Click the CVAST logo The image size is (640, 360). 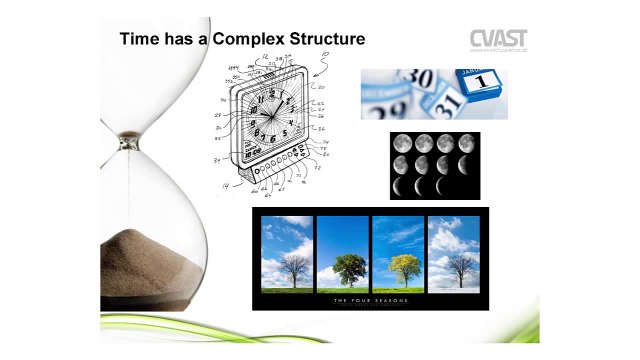coord(499,39)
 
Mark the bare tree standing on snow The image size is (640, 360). coord(455,266)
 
